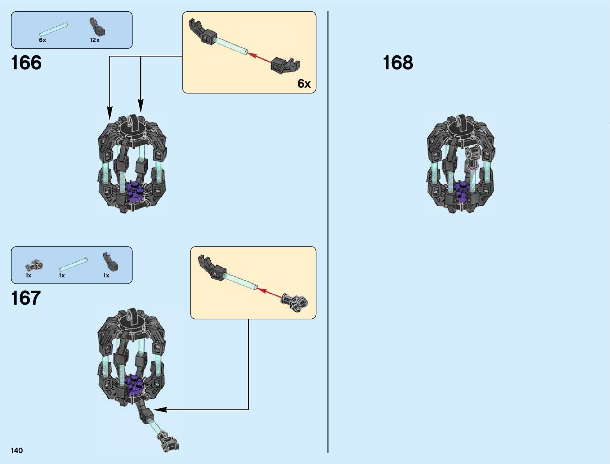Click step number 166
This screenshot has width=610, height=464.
pos(26,63)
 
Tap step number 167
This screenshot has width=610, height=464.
pos(26,298)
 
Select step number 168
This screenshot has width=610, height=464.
pos(398,63)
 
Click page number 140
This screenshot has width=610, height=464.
pos(17,451)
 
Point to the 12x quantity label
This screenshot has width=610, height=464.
pos(95,40)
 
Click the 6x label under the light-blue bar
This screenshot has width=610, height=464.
pos(42,40)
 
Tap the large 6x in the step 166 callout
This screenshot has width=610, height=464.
pos(304,83)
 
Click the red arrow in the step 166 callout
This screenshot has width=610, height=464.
pos(260,58)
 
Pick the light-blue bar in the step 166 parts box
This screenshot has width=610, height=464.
pos(53,30)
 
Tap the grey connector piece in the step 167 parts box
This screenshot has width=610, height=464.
pos(34,265)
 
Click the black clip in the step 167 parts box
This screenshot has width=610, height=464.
pos(110,261)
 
